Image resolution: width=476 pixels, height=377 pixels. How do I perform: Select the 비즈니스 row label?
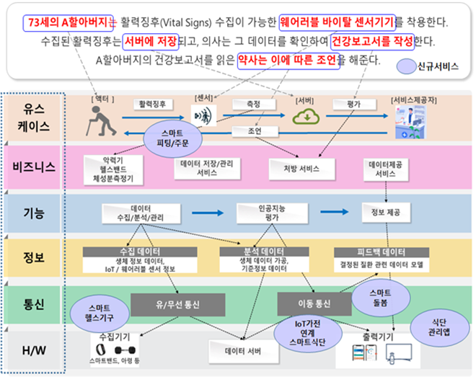(33, 168)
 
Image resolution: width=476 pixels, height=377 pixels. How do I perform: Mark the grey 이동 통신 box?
(314, 304)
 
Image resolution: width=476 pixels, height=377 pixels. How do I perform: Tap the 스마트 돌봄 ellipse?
(379, 298)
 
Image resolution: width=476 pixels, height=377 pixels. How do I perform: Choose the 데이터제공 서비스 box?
(385, 169)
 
